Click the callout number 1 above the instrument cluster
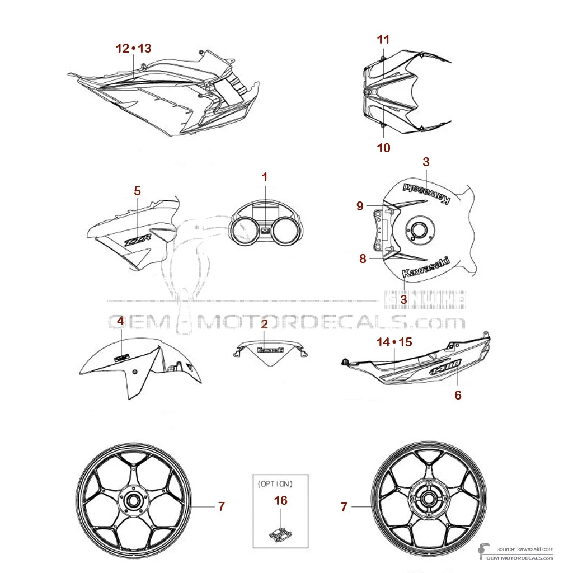point(265,177)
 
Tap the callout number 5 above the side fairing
point(137,191)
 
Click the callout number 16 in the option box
point(281,500)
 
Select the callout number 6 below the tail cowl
point(458,395)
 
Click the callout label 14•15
point(393,342)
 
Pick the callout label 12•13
point(133,49)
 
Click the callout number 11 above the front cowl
point(383,40)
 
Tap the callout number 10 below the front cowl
point(383,148)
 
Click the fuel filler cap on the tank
point(417,228)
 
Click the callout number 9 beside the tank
point(360,206)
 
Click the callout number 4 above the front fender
point(120,321)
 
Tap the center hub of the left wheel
point(134,501)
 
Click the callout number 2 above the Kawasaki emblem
point(265,323)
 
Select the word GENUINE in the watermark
point(426,299)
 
